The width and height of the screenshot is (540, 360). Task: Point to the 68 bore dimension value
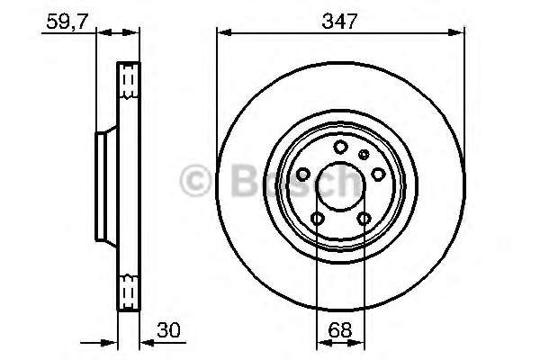point(340,330)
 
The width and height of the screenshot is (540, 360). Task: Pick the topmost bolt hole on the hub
point(340,148)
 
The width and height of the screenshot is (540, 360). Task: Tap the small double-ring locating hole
point(364,155)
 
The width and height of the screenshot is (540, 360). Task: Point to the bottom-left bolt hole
point(317,219)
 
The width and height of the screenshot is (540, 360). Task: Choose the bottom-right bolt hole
point(364,219)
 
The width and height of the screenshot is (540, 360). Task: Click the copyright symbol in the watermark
point(196,183)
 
